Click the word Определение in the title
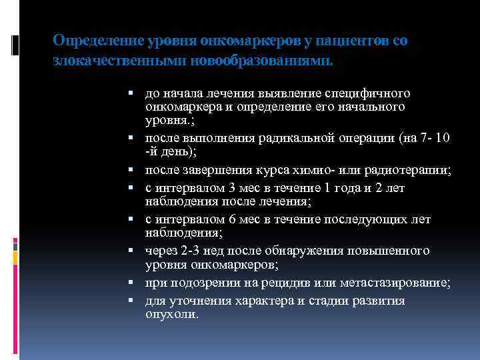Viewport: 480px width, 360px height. pos(89,41)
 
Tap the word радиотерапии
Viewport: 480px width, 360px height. pos(414,170)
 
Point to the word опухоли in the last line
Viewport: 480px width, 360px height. pos(171,314)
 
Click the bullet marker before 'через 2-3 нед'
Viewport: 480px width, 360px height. pos(136,251)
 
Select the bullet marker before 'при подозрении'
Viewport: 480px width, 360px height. pos(136,283)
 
